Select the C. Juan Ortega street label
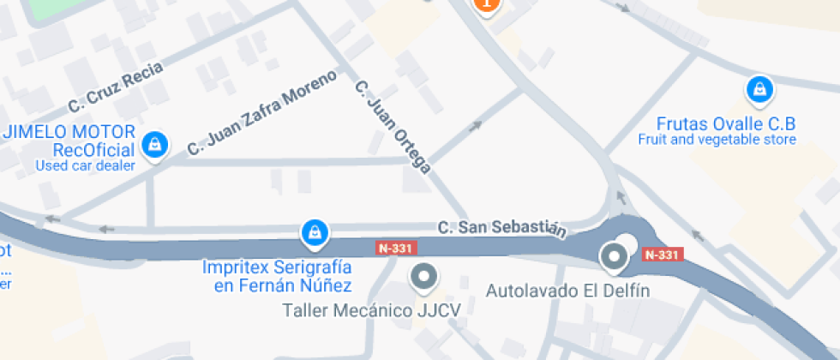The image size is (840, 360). click(391, 126)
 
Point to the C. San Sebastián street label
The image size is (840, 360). click(502, 228)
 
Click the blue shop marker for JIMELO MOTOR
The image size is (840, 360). click(154, 144)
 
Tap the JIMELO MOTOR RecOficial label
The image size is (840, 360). click(69, 141)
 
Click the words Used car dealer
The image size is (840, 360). click(85, 165)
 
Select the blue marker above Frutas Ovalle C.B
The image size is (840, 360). click(758, 88)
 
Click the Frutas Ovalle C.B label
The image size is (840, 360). click(725, 123)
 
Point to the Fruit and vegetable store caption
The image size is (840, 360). click(717, 140)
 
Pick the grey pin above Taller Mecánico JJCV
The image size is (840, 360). click(423, 277)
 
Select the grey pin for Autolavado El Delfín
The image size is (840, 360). click(614, 255)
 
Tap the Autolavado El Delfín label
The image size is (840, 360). click(568, 291)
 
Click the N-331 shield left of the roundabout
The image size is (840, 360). click(395, 248)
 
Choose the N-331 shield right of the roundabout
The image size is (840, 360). click(662, 255)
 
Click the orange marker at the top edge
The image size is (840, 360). click(486, 4)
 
